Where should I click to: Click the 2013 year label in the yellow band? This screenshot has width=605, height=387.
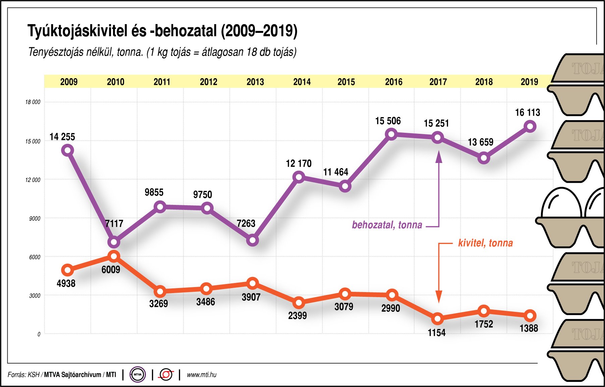click(x=255, y=82)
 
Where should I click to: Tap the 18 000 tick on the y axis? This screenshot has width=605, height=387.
click(x=33, y=102)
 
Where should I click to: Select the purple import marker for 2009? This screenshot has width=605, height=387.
click(x=68, y=150)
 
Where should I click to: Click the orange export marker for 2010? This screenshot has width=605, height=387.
click(x=114, y=257)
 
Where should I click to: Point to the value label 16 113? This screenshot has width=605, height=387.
click(x=528, y=113)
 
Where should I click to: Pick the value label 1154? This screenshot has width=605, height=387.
click(x=437, y=333)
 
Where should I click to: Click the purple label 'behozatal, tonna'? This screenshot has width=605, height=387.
click(x=387, y=225)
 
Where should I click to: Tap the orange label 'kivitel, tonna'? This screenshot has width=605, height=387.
click(x=485, y=243)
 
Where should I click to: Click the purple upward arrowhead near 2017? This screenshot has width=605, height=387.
click(x=439, y=156)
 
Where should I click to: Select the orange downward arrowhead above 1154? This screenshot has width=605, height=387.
click(x=439, y=297)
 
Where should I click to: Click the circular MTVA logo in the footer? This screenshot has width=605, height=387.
click(x=137, y=375)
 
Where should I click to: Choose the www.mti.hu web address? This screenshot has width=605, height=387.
click(x=202, y=375)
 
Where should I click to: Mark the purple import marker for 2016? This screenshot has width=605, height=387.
click(x=391, y=134)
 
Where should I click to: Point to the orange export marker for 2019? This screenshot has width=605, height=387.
click(x=530, y=316)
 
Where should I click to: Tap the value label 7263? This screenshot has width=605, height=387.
click(x=246, y=223)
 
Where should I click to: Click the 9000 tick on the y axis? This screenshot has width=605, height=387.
click(x=35, y=219)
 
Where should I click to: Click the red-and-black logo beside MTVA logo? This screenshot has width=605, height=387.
click(x=166, y=375)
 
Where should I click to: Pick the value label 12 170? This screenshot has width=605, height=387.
click(x=298, y=164)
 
